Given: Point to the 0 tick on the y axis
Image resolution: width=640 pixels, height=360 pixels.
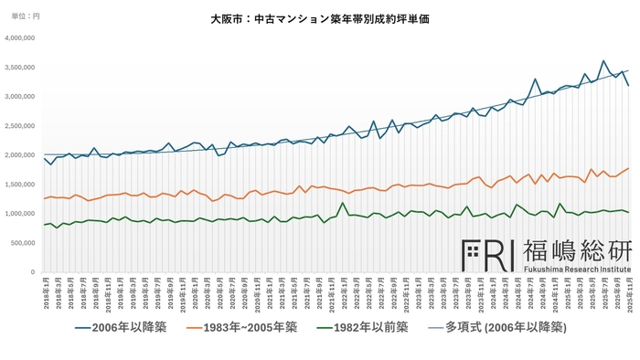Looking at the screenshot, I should coord(35,271).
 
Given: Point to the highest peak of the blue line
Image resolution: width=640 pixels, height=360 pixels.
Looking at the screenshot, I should coord(603,61).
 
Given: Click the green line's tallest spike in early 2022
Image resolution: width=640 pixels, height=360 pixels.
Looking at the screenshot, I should coord(342,203).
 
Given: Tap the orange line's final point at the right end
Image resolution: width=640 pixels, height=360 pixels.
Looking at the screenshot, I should coord(627,168).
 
